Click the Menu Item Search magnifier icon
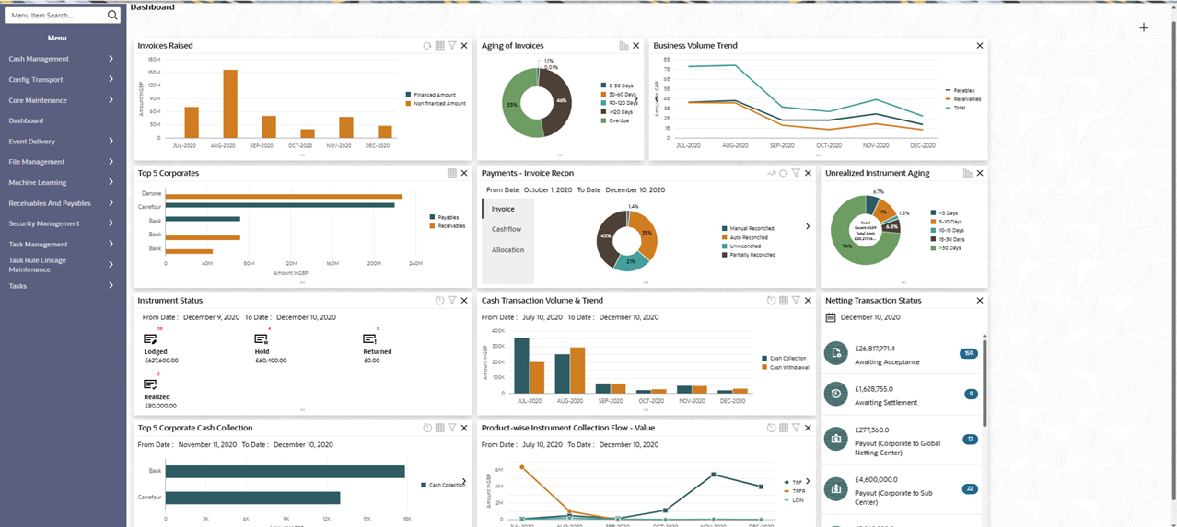click(112, 16)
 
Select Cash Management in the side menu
click(39, 59)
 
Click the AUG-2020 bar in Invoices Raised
click(230, 104)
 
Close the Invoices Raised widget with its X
click(464, 46)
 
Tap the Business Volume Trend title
click(694, 45)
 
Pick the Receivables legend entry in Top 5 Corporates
click(451, 225)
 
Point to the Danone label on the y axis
click(152, 194)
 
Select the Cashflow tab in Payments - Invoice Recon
click(507, 229)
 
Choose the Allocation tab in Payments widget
click(507, 250)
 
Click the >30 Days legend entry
click(949, 248)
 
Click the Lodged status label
click(156, 351)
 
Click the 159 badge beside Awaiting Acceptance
click(968, 353)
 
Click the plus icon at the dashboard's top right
click(1144, 28)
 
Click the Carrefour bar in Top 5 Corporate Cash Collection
click(253, 498)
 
